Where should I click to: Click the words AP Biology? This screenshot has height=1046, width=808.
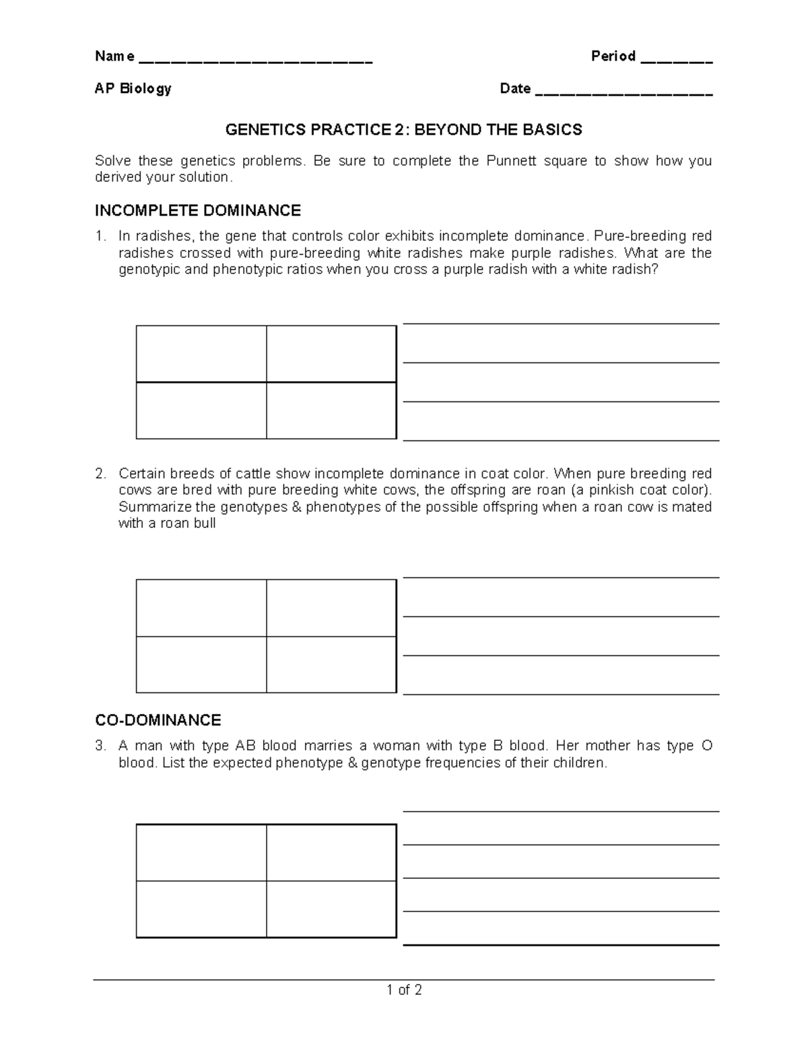click(133, 88)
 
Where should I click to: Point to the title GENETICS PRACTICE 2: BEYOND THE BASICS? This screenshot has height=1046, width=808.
click(403, 129)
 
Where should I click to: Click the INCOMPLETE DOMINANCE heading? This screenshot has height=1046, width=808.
click(197, 211)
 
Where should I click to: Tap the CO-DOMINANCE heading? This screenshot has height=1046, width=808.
click(158, 720)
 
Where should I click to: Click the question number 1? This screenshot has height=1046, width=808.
click(100, 236)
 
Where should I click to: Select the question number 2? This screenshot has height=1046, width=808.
click(100, 473)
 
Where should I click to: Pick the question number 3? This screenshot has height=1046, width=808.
click(100, 746)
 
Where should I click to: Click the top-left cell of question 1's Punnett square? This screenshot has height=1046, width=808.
click(201, 354)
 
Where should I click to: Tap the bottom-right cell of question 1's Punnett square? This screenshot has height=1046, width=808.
click(331, 411)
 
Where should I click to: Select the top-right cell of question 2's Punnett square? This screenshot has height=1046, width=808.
click(331, 608)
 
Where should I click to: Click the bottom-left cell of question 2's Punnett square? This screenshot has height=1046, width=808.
click(201, 664)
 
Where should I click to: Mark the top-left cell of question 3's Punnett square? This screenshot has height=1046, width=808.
click(201, 853)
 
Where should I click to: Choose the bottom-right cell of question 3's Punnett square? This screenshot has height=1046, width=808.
click(331, 909)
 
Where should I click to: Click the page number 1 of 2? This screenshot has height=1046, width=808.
click(404, 989)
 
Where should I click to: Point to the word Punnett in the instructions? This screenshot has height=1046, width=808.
click(541, 161)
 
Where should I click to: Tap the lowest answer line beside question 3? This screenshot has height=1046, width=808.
click(561, 944)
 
